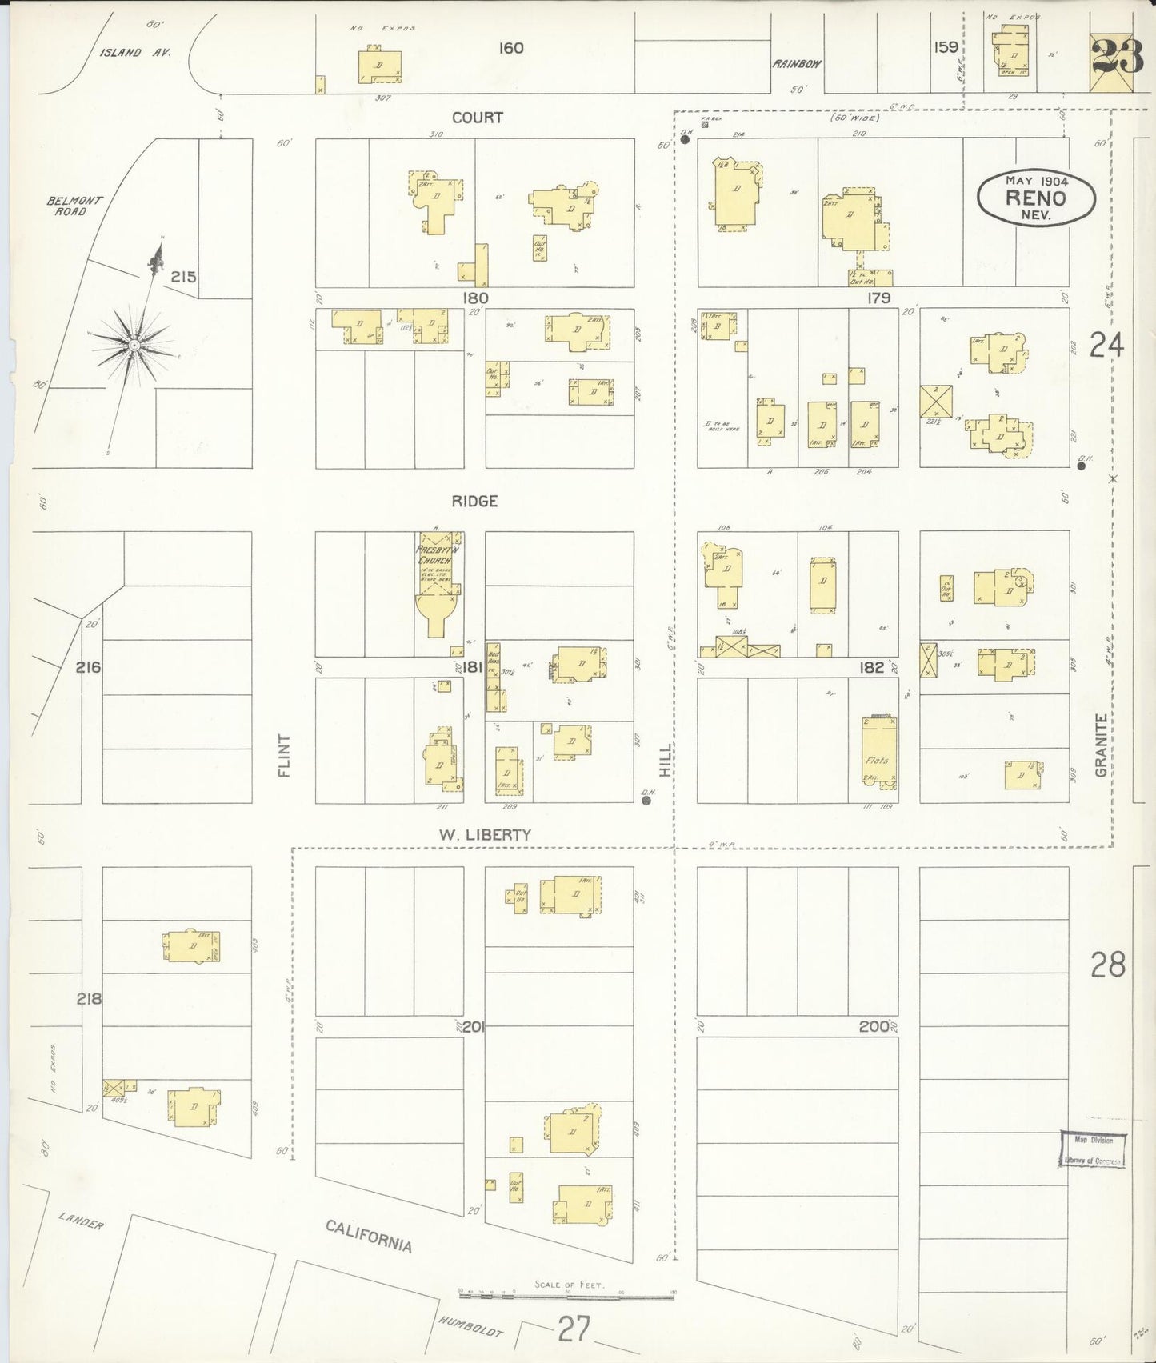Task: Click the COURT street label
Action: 478,118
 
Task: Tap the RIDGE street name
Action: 474,502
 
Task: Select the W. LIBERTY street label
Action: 485,834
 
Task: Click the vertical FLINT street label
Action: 284,755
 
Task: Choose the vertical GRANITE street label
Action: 1102,745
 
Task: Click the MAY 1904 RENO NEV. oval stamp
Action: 1035,197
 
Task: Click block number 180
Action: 474,298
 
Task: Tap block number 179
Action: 878,298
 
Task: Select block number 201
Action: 474,1026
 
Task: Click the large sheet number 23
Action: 1117,56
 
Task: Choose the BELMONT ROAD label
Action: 74,206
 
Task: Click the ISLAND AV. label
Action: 132,53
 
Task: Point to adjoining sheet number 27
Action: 574,1331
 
